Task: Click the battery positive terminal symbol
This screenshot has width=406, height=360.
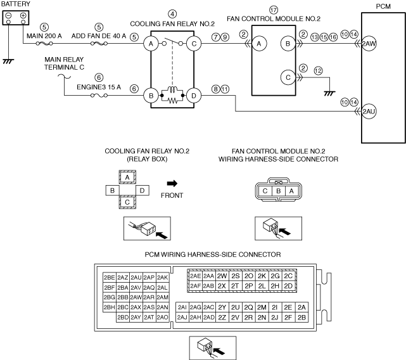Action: tap(23, 16)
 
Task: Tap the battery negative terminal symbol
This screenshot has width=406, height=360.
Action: tap(8, 16)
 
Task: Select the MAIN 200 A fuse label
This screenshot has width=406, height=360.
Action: tap(44, 35)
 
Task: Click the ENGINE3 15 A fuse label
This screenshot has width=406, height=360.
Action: tap(99, 87)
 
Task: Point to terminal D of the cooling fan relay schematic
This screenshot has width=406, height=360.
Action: tap(194, 96)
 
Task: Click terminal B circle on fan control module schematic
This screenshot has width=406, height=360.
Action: tap(288, 44)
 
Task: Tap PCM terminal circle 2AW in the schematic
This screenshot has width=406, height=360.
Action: tap(369, 44)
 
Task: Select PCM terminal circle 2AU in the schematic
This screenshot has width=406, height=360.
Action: tap(369, 112)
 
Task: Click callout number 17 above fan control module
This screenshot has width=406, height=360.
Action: tap(274, 10)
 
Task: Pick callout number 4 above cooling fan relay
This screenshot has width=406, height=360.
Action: tap(172, 14)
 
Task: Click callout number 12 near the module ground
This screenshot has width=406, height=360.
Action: tap(318, 70)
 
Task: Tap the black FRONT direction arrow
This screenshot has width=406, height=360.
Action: tap(172, 184)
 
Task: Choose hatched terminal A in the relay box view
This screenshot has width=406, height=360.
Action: tap(127, 177)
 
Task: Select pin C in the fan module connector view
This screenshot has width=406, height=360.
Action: tap(265, 191)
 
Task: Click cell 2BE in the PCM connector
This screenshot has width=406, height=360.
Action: tap(110, 278)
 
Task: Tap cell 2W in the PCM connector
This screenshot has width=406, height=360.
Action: tap(222, 276)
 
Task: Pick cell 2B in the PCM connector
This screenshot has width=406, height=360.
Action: tap(301, 318)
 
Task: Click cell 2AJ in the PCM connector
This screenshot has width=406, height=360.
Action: tap(182, 318)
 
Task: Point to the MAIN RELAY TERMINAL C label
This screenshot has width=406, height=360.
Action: tap(64, 63)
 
